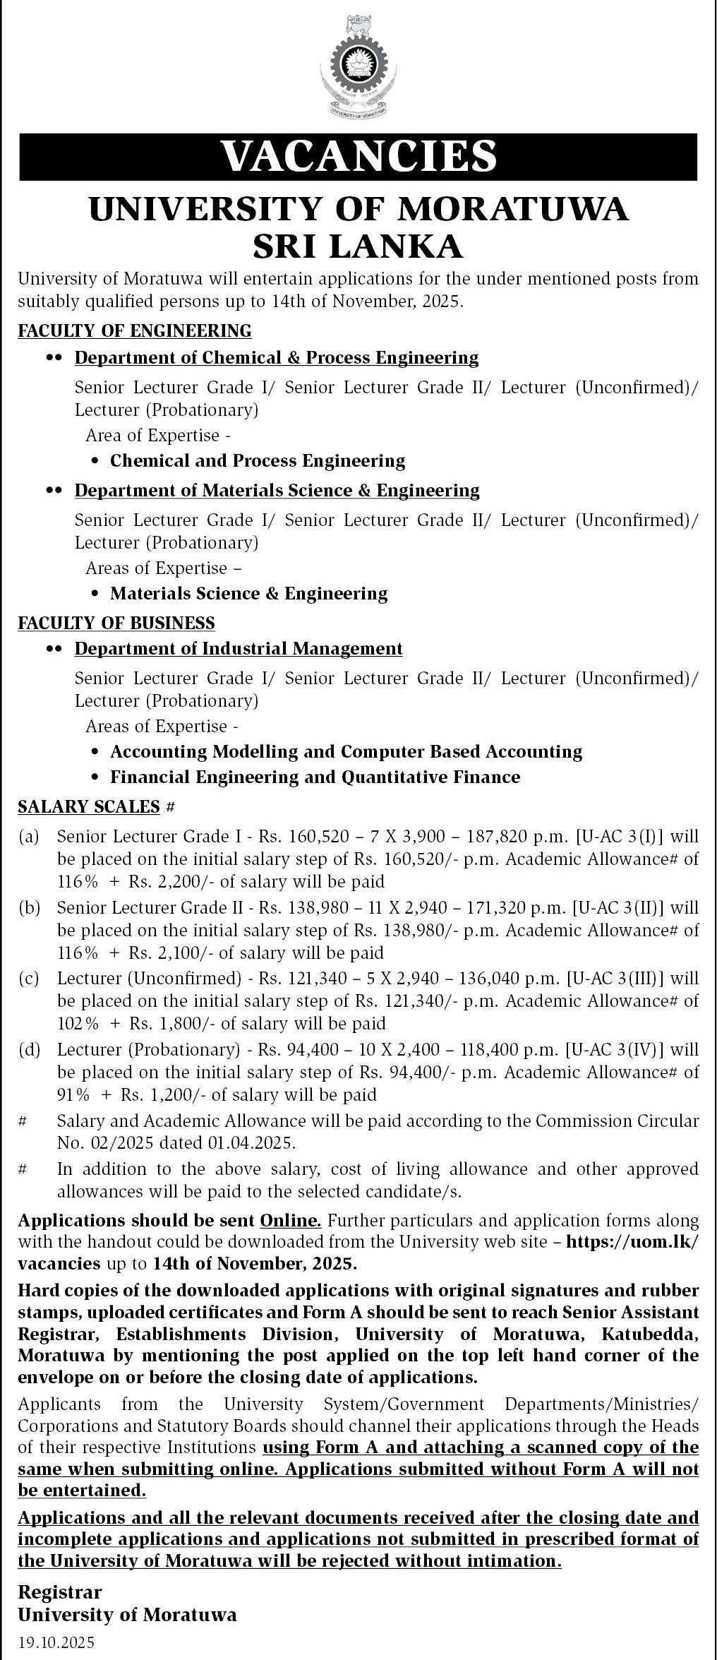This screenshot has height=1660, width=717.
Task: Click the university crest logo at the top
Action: point(358,68)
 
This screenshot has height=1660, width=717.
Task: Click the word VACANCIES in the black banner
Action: point(358,156)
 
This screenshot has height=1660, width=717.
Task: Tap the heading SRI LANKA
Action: point(358,246)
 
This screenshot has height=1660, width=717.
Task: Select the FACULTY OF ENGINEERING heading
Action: point(135,330)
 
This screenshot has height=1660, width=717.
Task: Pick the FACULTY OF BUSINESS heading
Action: point(116,623)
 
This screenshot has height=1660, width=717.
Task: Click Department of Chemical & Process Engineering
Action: point(277,358)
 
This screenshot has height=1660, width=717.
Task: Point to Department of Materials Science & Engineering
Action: point(277,490)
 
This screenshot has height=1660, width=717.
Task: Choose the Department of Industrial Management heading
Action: point(239,648)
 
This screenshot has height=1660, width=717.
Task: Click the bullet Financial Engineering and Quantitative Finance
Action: point(315,777)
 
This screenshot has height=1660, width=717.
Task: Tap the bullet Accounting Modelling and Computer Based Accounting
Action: point(346,751)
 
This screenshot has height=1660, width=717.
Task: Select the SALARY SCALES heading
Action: point(90,806)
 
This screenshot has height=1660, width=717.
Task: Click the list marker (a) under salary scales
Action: point(29,837)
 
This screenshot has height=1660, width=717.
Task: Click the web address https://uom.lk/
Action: point(631,1242)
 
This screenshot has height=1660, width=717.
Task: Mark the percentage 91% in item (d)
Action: point(73,1095)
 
